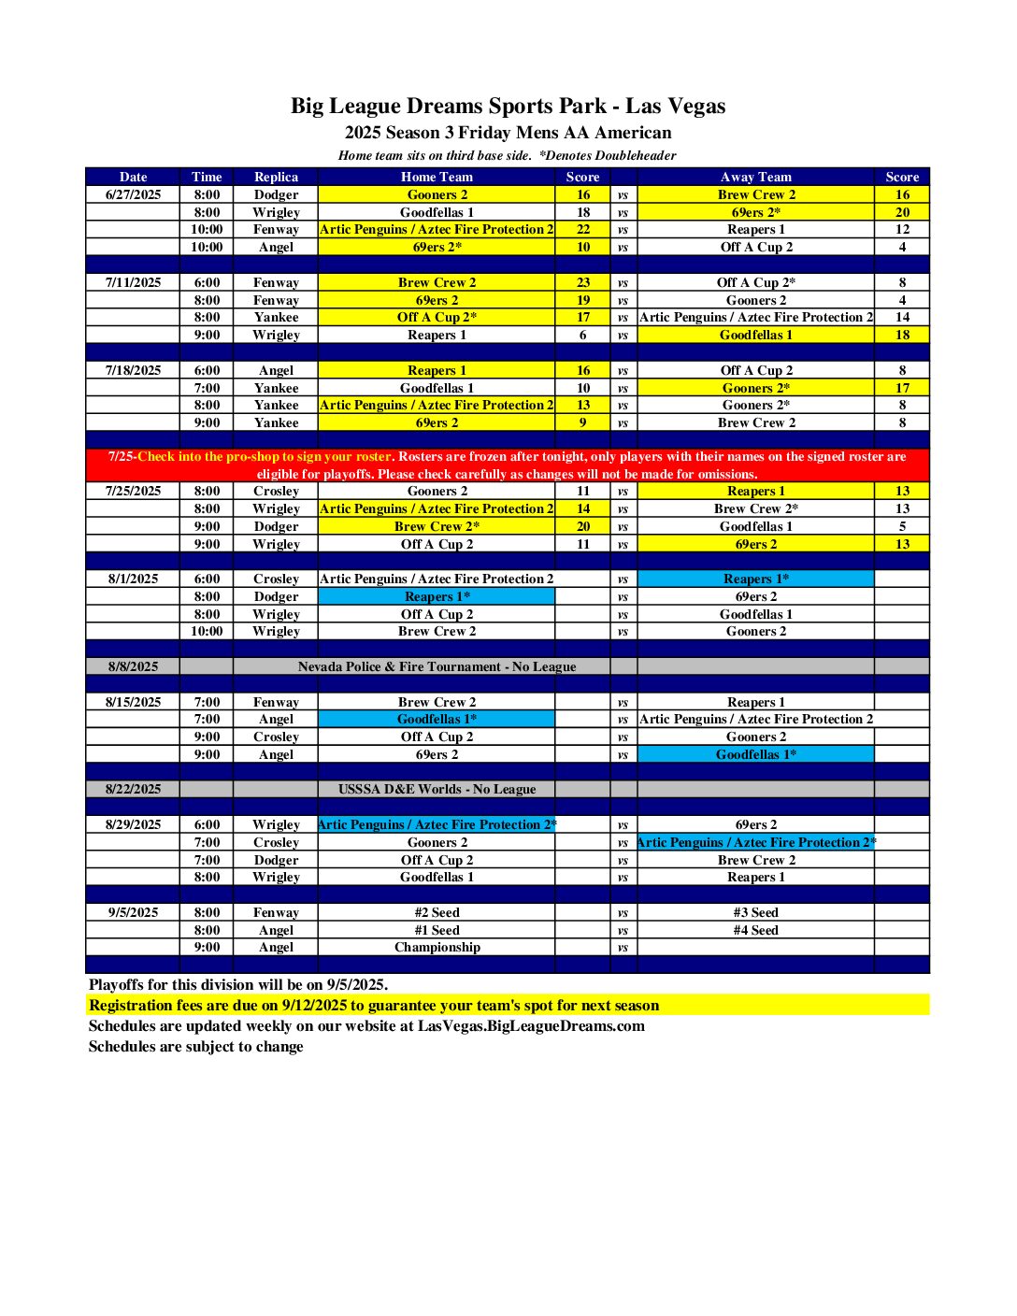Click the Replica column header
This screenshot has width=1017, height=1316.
point(276,177)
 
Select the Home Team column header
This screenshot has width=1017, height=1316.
point(437,177)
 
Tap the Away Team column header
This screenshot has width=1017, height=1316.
point(755,177)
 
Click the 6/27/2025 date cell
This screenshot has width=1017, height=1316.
point(133,194)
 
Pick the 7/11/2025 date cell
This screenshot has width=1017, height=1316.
point(133,282)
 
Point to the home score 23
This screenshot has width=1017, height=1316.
point(582,282)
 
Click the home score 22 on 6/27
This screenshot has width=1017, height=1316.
point(582,229)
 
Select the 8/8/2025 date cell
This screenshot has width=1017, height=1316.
point(133,666)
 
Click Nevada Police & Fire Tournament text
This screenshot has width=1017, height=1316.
point(437,666)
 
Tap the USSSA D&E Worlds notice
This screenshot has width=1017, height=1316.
point(437,789)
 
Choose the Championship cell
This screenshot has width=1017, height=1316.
point(437,947)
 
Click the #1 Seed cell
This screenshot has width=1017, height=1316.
point(437,930)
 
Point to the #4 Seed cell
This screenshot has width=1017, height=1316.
point(755,930)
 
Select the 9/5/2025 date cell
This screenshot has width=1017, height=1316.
point(133,912)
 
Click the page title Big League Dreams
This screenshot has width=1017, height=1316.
point(508,106)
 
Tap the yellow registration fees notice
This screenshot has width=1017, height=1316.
point(374,1006)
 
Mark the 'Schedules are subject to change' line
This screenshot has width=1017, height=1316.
point(196,1046)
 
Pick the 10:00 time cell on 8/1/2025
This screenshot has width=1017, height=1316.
point(207,631)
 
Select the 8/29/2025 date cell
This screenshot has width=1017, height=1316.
point(133,824)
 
